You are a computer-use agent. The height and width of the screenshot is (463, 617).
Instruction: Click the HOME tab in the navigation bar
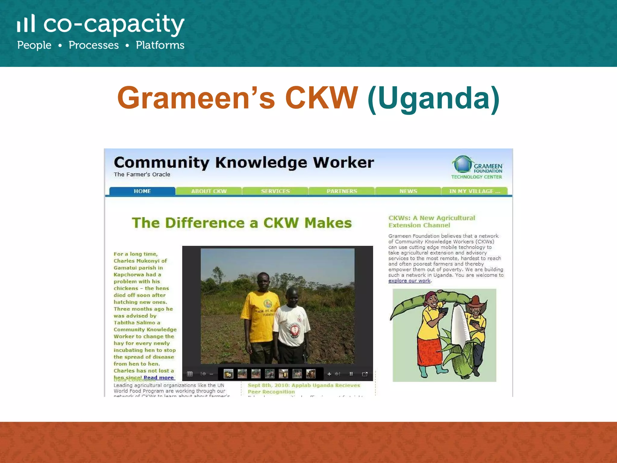[142, 191]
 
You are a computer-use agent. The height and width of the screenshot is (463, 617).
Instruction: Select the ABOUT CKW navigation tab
[209, 191]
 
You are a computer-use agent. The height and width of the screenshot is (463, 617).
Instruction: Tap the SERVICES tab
[275, 191]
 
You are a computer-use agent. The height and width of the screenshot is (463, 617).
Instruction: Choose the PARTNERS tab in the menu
[342, 191]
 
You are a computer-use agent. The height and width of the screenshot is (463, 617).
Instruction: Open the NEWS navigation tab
[408, 191]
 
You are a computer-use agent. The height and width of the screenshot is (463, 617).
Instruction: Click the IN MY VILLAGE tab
[474, 191]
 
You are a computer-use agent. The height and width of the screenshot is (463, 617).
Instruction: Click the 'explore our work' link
[409, 281]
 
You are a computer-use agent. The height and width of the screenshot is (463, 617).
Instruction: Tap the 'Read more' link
[159, 377]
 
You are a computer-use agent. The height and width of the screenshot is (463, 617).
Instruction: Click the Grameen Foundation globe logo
[462, 164]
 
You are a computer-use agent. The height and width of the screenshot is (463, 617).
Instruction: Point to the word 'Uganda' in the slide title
[434, 98]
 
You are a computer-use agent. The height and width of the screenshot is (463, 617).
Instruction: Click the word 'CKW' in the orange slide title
[321, 98]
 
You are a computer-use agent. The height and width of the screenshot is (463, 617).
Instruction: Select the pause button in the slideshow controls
[351, 374]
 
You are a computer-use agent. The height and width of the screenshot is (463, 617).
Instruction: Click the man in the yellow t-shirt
[259, 313]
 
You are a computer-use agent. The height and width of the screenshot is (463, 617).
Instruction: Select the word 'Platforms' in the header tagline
[160, 45]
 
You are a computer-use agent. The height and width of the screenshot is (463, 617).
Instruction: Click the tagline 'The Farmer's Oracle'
[142, 175]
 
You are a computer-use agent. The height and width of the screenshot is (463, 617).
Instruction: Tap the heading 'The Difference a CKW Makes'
[242, 223]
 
